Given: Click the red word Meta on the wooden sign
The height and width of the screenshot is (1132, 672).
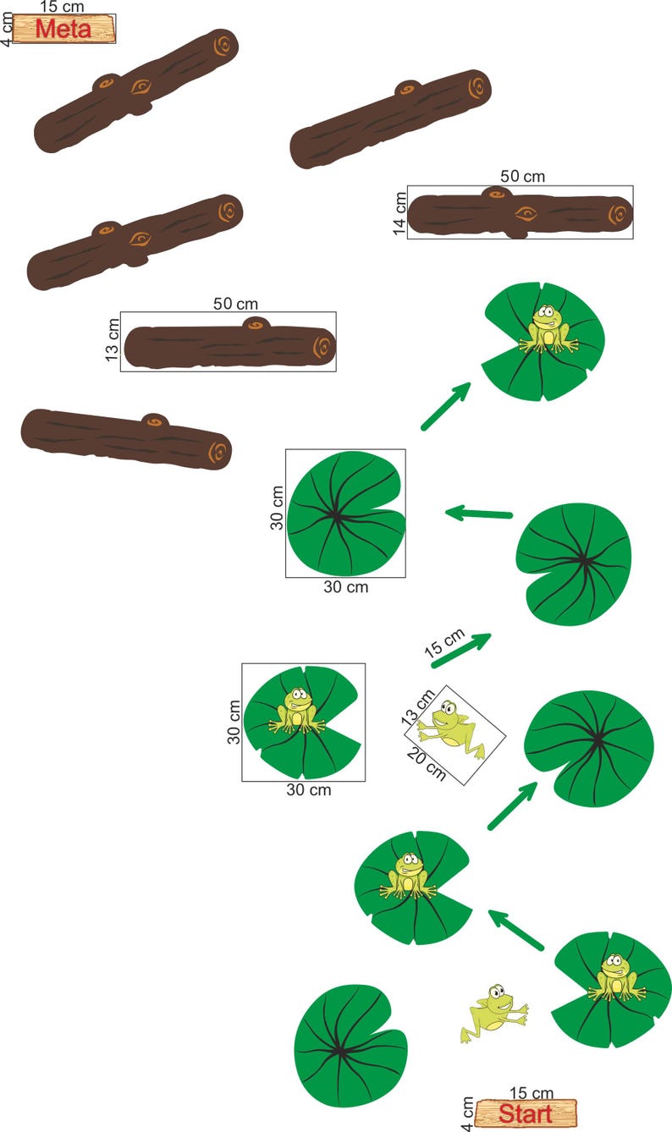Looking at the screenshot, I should tap(63, 29).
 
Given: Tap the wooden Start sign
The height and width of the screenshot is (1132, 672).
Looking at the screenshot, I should tap(525, 1113).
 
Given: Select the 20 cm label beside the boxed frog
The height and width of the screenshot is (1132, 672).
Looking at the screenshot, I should tap(425, 761).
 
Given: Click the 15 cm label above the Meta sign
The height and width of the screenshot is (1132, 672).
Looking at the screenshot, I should tap(62, 7).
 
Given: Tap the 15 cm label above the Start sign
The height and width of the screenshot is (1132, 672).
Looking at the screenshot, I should tap(532, 1094).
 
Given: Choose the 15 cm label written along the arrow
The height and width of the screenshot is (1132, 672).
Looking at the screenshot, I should tap(444, 644).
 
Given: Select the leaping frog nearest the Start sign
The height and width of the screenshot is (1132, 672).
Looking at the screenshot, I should tap(493, 1012).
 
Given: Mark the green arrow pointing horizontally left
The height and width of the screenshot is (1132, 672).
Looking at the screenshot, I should tap(479, 513).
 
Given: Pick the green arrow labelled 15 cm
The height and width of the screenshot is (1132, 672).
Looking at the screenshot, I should tap(461, 650).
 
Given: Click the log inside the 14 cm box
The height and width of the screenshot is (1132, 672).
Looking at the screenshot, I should tap(520, 214).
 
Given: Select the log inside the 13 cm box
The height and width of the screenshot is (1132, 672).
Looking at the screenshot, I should tap(230, 344).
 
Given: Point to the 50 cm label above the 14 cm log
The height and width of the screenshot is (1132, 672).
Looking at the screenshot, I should tap(522, 177).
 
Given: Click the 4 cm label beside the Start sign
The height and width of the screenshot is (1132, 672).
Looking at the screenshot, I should tap(468, 1113).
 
